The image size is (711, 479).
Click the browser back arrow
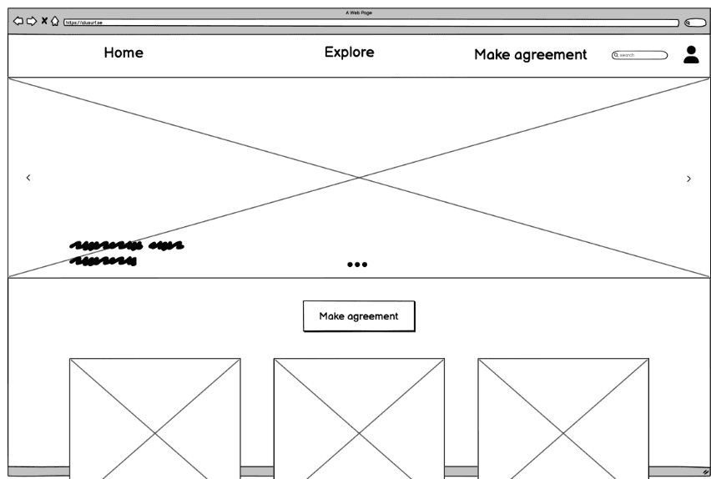pos(18,21)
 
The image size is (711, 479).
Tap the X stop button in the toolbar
pos(44,21)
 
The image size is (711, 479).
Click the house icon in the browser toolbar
pos(55,21)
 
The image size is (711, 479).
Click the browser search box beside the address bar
pos(694,23)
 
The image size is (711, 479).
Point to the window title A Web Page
pos(359,13)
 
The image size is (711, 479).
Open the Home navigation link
pos(124,53)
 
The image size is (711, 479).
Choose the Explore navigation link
pos(349,52)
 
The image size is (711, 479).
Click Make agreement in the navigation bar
pos(530,54)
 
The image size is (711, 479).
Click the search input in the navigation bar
pos(640,55)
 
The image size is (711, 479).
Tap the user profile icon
pos(691,54)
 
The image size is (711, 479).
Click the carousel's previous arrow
pos(28,178)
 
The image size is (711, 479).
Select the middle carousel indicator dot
pos(357,265)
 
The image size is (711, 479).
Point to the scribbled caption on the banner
pos(125,253)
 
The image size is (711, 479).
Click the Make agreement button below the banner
pos(358,316)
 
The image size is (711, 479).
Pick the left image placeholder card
pos(154,417)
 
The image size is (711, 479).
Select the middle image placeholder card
pos(359,417)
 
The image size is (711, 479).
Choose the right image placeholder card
pos(562,417)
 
